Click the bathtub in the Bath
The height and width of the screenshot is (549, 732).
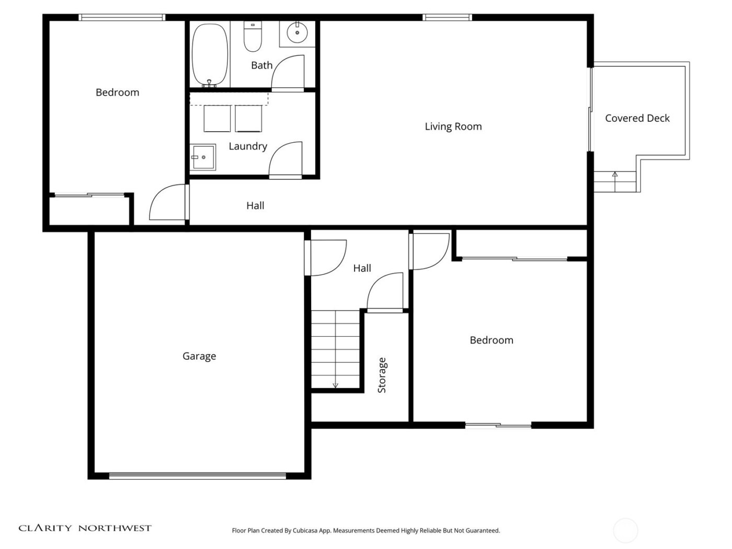tap(210, 54)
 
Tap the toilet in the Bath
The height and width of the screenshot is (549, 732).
tap(253, 37)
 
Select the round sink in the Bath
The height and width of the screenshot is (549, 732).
tap(297, 33)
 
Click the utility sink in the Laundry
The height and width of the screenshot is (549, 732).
tap(203, 157)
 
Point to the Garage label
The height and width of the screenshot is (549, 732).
tap(199, 356)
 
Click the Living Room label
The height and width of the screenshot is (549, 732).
tap(453, 127)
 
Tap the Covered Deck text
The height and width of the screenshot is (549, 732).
tap(637, 118)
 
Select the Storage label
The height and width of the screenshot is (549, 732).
tap(382, 375)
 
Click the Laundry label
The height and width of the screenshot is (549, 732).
tap(248, 146)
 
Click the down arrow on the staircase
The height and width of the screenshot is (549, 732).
tap(335, 385)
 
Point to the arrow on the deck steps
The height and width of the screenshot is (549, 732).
tap(615, 175)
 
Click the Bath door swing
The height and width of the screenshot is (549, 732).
tap(288, 73)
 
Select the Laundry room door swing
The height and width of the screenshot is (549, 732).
tap(286, 159)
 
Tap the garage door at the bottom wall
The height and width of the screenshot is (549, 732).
tap(198, 476)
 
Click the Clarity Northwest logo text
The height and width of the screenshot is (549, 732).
tap(85, 528)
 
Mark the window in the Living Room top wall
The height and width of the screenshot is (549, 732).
tap(447, 18)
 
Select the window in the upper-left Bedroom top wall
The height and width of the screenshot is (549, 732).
tap(122, 18)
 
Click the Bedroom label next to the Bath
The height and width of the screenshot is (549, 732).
tap(117, 93)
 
